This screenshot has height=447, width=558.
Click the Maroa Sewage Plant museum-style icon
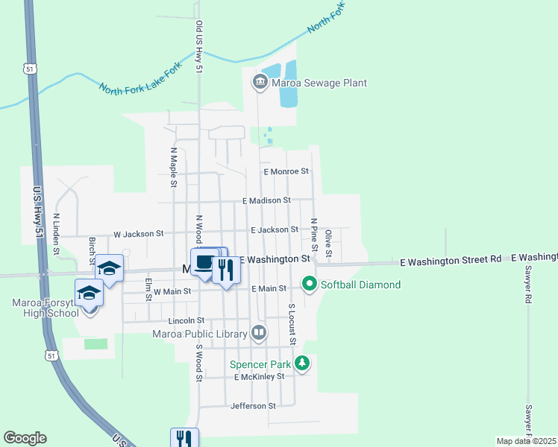[260, 83]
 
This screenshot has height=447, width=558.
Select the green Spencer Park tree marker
[301, 364]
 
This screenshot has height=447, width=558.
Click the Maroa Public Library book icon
[259, 333]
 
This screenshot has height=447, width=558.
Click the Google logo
[25, 438]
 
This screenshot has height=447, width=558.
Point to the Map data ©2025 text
[526, 441]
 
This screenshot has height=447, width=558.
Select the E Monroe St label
[286, 171]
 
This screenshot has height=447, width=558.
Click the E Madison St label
[266, 200]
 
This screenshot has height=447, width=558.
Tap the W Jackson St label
[138, 233]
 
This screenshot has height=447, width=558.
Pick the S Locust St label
[292, 324]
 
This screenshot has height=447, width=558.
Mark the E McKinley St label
[259, 377]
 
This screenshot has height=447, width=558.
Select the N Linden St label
[56, 234]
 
